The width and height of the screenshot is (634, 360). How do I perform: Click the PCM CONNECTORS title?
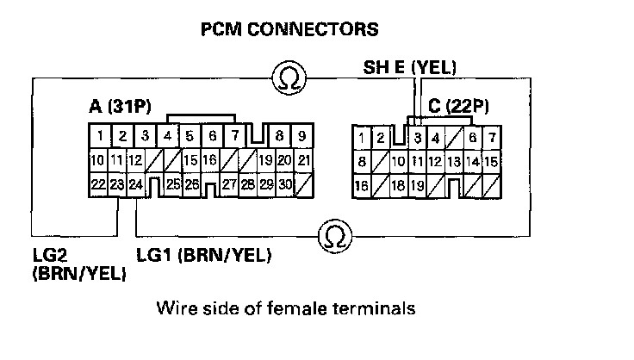[x=289, y=30]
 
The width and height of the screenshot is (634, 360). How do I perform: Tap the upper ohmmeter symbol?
[x=286, y=79]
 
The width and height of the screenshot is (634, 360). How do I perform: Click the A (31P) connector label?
[x=120, y=108]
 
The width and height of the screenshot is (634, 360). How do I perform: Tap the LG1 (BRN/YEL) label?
[x=204, y=256]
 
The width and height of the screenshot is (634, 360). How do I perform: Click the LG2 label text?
[x=49, y=256]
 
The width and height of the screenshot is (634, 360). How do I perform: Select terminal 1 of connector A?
[x=101, y=136]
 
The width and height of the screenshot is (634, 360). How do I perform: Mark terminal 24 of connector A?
[x=136, y=183]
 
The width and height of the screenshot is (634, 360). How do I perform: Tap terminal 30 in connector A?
[x=284, y=183]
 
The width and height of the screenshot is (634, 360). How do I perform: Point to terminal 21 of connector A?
[x=302, y=160]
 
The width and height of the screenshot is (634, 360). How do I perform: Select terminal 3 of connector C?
[x=417, y=137]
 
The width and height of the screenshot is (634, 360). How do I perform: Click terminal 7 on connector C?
[x=491, y=137]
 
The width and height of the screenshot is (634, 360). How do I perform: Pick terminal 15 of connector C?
[x=491, y=161]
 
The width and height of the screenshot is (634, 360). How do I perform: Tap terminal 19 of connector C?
[x=417, y=184]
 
